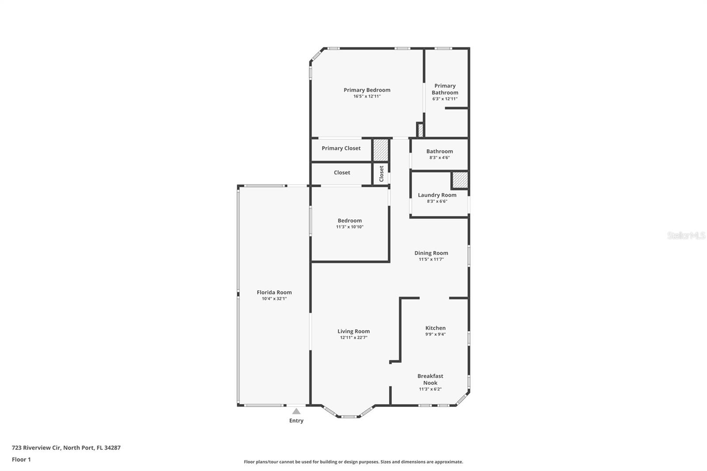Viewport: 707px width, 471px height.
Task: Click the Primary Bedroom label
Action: coord(367,90)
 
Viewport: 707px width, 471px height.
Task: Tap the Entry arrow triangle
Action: coord(296,411)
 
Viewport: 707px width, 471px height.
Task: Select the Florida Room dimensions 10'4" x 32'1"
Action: coord(274,299)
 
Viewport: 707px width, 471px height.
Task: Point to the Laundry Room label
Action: coord(437,195)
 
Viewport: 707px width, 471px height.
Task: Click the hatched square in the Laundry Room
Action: coord(460,180)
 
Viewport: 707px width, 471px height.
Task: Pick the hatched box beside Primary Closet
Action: coord(380,150)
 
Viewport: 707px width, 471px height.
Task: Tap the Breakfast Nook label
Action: coord(430,380)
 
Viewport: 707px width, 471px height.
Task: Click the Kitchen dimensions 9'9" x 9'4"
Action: coord(435,334)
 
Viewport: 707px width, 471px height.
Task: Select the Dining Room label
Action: coord(431,253)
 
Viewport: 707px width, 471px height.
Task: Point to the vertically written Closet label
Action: coord(381,174)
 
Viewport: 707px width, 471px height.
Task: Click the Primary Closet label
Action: coord(341,148)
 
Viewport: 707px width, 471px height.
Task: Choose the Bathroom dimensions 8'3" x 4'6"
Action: coord(439,158)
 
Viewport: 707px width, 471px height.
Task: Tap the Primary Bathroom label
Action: coord(445,89)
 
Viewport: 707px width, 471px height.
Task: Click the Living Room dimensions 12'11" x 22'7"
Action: coord(353,338)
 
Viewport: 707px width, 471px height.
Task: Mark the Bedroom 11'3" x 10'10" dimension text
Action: coord(350,227)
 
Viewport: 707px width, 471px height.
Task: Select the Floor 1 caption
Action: coord(21,460)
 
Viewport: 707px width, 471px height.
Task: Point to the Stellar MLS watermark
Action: coord(686,236)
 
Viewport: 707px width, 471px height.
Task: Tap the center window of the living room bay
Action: coord(349,416)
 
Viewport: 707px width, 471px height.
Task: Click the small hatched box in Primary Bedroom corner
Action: coord(420,130)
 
